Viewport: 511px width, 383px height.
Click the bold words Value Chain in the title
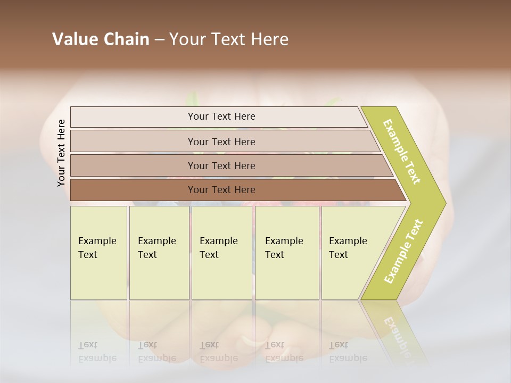pos(101,39)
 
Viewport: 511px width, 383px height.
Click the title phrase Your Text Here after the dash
pos(229,39)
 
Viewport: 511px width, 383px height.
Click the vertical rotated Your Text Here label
pos(61,153)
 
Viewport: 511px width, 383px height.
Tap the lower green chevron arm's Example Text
pos(403,251)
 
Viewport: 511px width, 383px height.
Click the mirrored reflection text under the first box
pos(97,352)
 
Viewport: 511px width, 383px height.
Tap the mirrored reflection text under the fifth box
pos(348,352)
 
